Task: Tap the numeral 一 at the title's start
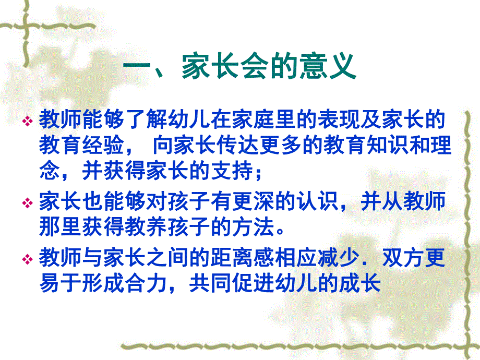(x=137, y=68)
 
